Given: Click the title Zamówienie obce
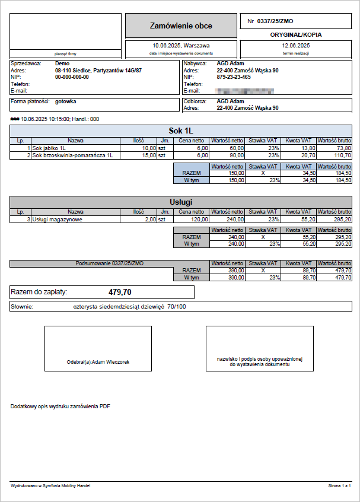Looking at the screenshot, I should (181, 26).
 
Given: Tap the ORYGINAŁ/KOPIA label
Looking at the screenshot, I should (296, 35).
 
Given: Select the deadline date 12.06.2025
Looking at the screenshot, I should (296, 45).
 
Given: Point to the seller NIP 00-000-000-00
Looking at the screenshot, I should (72, 77).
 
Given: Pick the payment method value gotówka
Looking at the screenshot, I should (65, 101).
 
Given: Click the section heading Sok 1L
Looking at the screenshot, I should (181, 131).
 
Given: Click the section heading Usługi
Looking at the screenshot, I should (181, 202).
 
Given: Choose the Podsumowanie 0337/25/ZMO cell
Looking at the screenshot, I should (110, 263).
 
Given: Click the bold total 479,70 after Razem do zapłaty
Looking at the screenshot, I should (120, 292).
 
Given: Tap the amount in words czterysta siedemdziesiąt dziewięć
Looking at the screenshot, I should (129, 307).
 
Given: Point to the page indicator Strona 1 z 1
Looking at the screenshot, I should (340, 486).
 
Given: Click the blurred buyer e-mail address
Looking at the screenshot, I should (244, 91).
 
